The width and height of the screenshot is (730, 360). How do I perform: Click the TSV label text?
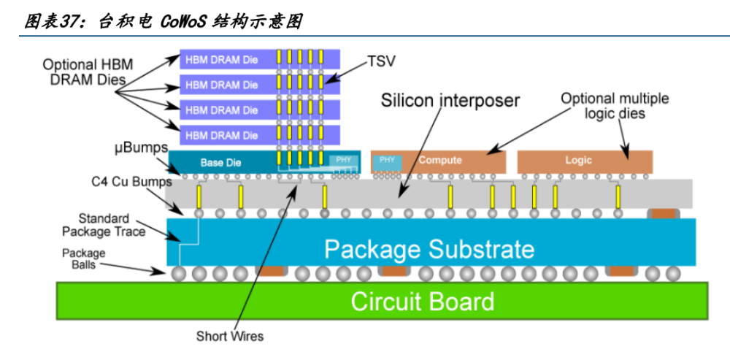click(x=381, y=61)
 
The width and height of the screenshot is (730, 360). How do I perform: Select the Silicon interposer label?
click(x=450, y=100)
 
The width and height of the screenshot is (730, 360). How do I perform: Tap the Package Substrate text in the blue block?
click(x=429, y=249)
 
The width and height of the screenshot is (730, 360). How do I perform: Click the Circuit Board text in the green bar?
click(x=422, y=301)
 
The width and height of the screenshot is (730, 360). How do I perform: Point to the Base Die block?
click(x=220, y=162)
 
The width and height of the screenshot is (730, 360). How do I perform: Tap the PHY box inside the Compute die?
click(x=387, y=160)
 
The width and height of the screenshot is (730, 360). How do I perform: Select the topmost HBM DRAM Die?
click(x=222, y=59)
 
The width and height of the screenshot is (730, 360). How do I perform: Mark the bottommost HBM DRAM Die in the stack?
click(x=222, y=135)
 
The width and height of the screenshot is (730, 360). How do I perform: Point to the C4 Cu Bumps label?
click(x=131, y=181)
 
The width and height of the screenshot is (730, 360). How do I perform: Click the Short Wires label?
click(x=230, y=337)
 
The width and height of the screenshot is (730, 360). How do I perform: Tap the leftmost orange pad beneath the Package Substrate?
click(x=272, y=271)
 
